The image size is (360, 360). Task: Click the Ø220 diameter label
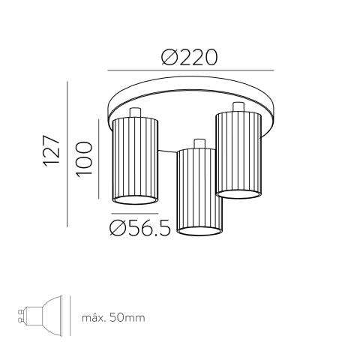(189, 57)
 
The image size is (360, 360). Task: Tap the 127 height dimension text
(52, 151)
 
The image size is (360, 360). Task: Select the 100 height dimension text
(84, 160)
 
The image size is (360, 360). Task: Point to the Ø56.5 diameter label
(140, 228)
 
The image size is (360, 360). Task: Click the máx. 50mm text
(113, 318)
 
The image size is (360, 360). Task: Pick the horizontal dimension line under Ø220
(190, 70)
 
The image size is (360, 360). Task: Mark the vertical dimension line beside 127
(67, 154)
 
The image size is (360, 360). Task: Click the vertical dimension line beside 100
(99, 159)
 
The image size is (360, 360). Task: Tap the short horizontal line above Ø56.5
(135, 214)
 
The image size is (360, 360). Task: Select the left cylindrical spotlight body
(135, 161)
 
